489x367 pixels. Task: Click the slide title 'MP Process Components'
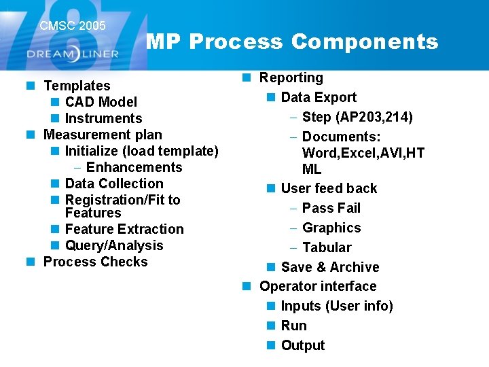[x=292, y=42]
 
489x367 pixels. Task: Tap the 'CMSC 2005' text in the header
[x=73, y=26]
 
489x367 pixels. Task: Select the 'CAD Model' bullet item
[x=101, y=102]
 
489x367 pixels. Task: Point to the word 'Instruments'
[x=103, y=118]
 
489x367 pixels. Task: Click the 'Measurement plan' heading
[x=103, y=135]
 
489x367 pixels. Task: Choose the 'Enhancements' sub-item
[x=134, y=167]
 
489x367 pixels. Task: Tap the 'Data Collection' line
[x=114, y=183]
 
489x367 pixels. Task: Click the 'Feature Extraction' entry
[x=124, y=229]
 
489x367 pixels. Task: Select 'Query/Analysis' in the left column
[x=114, y=245]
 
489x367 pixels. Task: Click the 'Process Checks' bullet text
[x=95, y=262]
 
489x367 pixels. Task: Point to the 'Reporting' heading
[x=291, y=78]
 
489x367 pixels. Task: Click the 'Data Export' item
[x=319, y=98]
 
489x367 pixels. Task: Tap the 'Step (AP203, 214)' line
[x=357, y=117]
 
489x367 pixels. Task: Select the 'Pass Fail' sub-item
[x=331, y=208]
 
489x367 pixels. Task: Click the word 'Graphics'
[x=331, y=228]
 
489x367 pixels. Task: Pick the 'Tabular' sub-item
[x=327, y=247]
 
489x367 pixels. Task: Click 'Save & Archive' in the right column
[x=329, y=267]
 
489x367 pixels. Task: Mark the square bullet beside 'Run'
[x=271, y=326]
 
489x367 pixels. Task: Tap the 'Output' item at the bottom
[x=302, y=345]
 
